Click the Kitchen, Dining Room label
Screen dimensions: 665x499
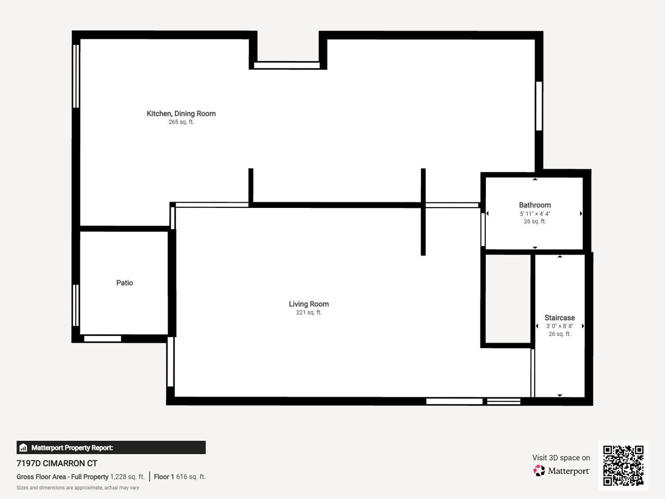pyautogui.click(x=181, y=114)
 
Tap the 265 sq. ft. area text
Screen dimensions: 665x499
pyautogui.click(x=181, y=122)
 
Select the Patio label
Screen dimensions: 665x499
pyautogui.click(x=125, y=283)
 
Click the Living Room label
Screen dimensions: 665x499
pyautogui.click(x=309, y=304)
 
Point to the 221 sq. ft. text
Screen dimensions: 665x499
pyautogui.click(x=309, y=312)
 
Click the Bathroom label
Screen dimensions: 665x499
pyautogui.click(x=535, y=205)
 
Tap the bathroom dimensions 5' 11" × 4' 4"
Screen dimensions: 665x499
pyautogui.click(x=535, y=213)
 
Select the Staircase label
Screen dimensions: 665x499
pyautogui.click(x=560, y=318)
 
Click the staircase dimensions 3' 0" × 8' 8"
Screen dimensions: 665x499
pyautogui.click(x=560, y=326)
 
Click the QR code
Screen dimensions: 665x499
pyautogui.click(x=623, y=465)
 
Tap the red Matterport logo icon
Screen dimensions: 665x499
pyautogui.click(x=539, y=470)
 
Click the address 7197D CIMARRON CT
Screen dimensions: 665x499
pyautogui.click(x=57, y=463)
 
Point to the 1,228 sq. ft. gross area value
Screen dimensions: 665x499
pyautogui.click(x=127, y=477)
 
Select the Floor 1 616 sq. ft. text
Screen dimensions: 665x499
pyautogui.click(x=180, y=477)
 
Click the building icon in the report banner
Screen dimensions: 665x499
pyautogui.click(x=24, y=448)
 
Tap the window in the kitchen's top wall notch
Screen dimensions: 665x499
pyautogui.click(x=287, y=65)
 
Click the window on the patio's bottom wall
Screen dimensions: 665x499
pyautogui.click(x=103, y=339)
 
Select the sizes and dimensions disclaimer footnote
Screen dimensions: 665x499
pyautogui.click(x=78, y=488)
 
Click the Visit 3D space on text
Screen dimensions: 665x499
pyautogui.click(x=561, y=458)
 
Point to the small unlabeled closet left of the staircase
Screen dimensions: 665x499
pyautogui.click(x=508, y=299)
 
